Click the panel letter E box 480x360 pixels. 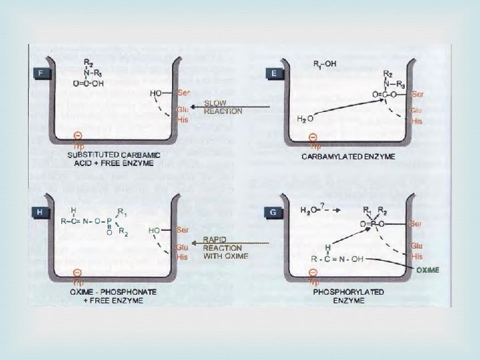point(275,73)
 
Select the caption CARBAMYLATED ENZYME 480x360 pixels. point(349,157)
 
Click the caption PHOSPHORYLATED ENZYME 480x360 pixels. point(349,297)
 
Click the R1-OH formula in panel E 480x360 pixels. point(325,64)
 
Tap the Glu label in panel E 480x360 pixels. point(417,110)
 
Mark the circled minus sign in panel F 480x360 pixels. point(79,135)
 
